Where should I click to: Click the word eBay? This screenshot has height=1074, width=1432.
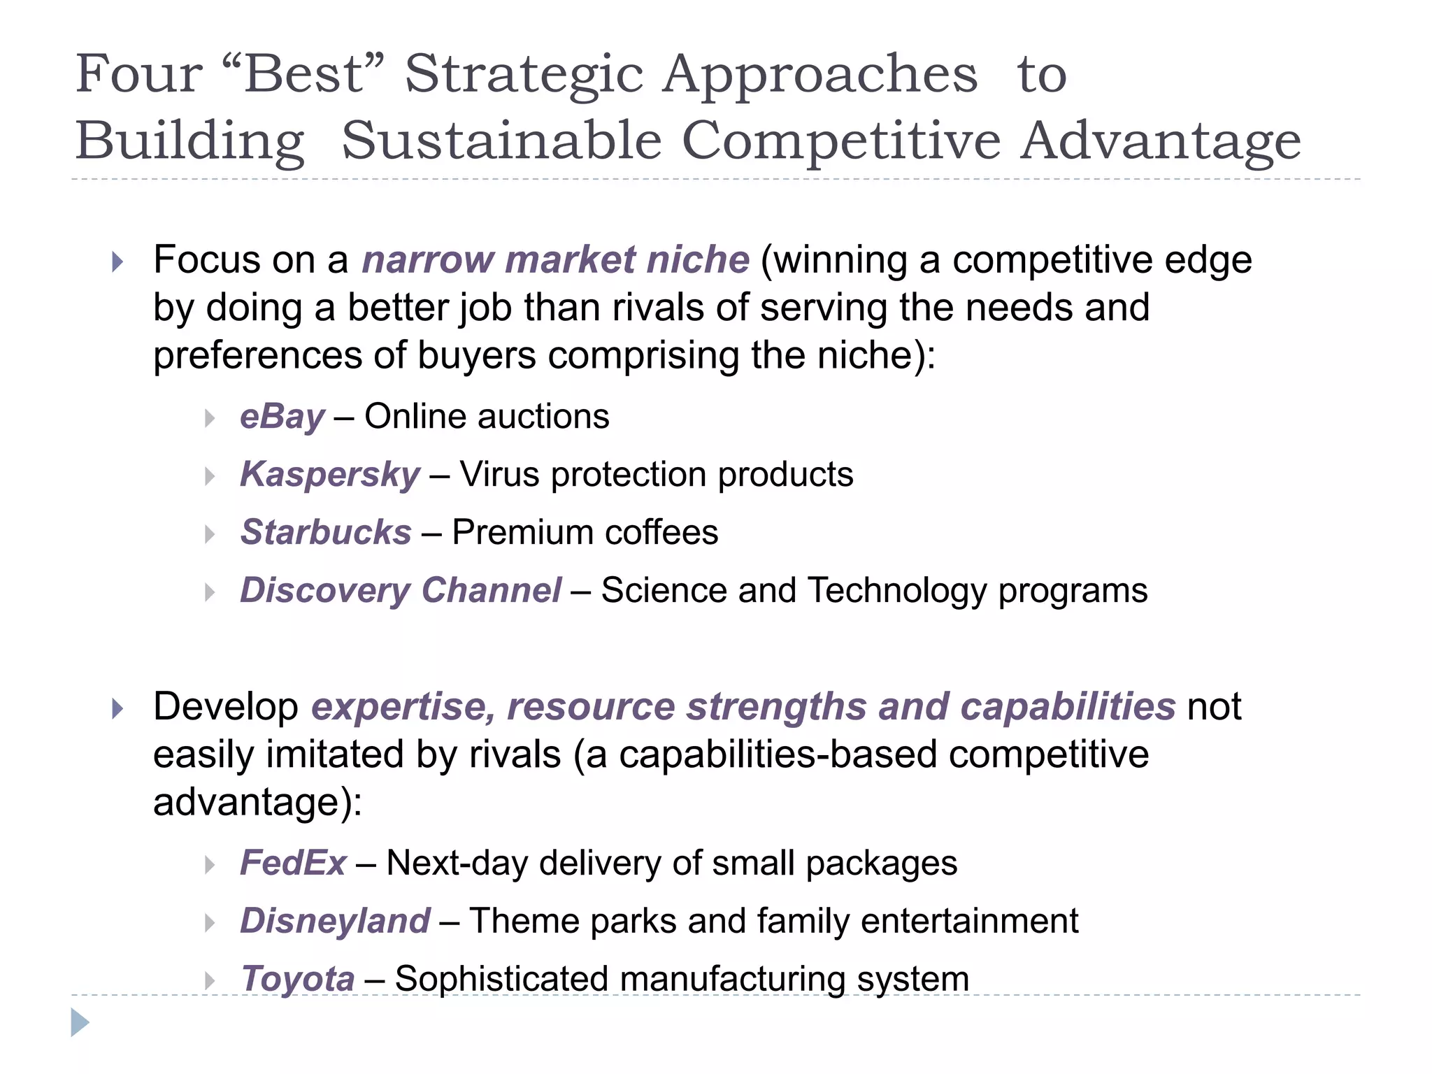[282, 417]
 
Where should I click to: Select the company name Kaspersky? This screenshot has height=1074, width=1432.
[330, 475]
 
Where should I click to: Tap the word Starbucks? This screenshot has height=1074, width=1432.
[326, 533]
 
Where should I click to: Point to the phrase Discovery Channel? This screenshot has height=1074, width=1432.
[401, 591]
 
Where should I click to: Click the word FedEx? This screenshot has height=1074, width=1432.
[293, 863]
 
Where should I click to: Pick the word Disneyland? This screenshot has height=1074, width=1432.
[335, 921]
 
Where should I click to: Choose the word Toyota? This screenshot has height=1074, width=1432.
[298, 979]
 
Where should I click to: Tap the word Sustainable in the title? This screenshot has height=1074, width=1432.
[501, 141]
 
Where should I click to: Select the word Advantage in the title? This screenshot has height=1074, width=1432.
[1160, 141]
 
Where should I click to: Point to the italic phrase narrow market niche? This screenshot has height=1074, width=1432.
[556, 260]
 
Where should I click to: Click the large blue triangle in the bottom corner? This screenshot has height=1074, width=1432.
[80, 1023]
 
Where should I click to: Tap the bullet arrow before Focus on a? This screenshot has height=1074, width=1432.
[117, 263]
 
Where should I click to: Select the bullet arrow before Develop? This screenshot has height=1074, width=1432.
[117, 709]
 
